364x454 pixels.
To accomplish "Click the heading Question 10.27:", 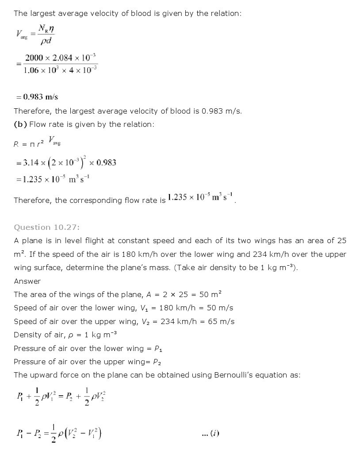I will [46, 227].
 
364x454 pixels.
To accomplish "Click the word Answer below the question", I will [27, 281].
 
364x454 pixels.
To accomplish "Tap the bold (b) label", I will [20, 124].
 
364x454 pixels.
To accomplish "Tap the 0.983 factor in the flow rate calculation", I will [106, 162].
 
